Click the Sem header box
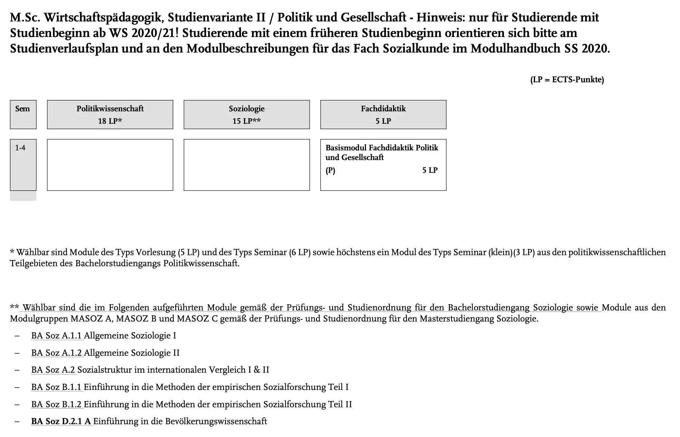point(23,114)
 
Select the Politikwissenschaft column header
point(110,109)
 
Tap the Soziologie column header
point(246,109)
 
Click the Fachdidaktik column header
point(383,109)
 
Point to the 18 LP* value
point(110,121)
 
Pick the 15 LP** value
point(246,121)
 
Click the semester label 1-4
point(20,148)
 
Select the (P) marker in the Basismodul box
point(330,170)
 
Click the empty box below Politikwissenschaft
point(110,165)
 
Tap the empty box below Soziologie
point(246,165)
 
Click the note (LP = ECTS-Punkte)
point(567,80)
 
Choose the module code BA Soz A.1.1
point(57,336)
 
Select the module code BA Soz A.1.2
point(57,353)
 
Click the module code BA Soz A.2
point(53,370)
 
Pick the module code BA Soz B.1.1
point(57,387)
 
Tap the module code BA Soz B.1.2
point(57,405)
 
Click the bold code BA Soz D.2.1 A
point(61,421)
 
